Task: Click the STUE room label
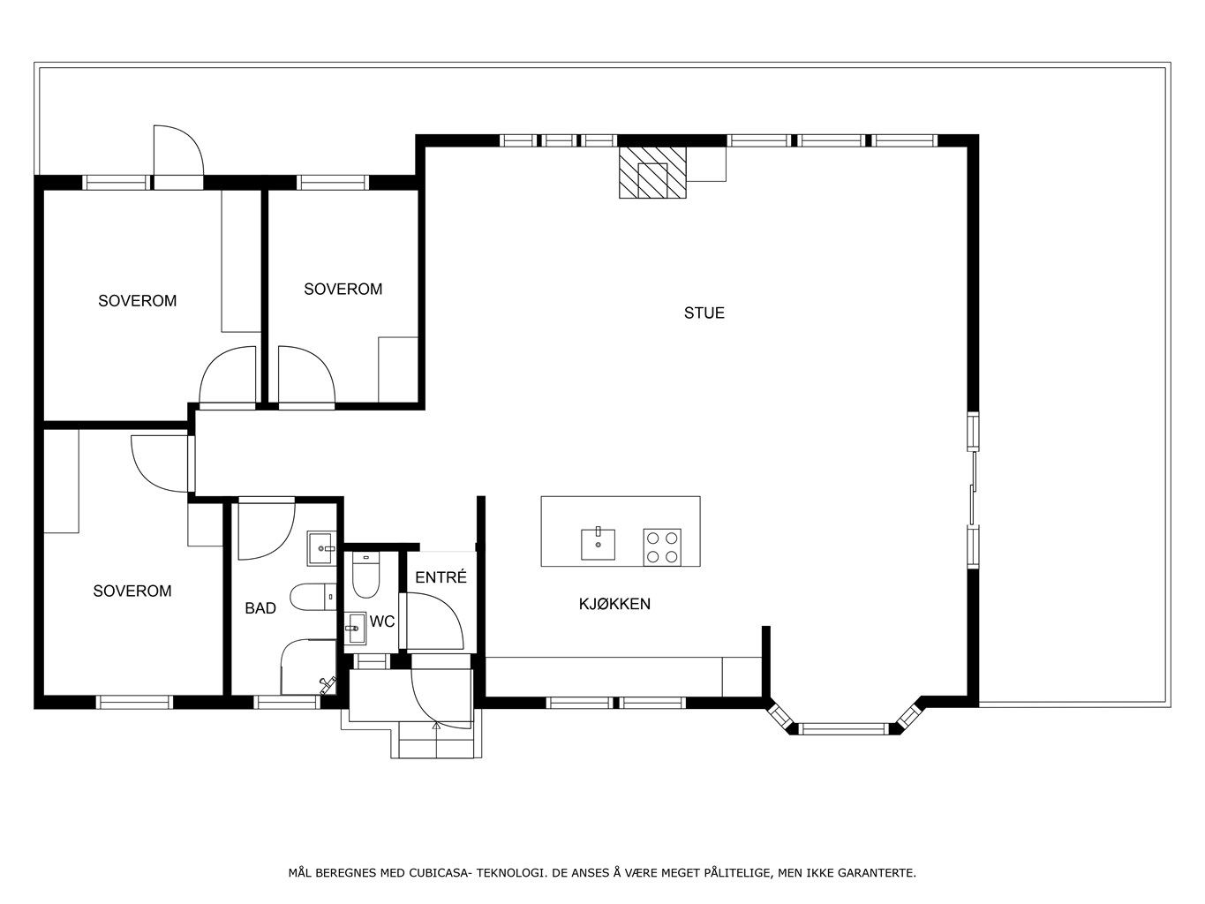pos(704,313)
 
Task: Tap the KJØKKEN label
pos(614,604)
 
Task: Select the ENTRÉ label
pos(441,576)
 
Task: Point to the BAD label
pos(260,608)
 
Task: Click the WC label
pos(382,621)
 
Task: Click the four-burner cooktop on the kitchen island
pos(662,547)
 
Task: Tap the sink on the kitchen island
pos(598,544)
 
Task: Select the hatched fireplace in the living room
pos(652,172)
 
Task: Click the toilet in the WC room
pos(365,576)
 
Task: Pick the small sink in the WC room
pos(355,628)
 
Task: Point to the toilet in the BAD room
pos(313,597)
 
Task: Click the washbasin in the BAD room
pos(320,547)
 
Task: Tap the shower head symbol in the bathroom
pos(328,682)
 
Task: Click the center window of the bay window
pos(843,729)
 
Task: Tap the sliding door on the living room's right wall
pos(973,488)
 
